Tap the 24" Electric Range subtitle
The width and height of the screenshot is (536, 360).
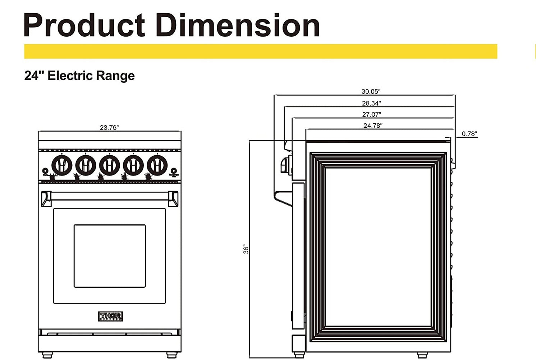click(79, 76)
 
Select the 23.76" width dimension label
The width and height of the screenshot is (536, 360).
click(109, 127)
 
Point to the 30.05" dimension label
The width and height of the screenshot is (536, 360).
click(371, 91)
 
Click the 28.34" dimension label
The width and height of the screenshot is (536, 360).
click(371, 103)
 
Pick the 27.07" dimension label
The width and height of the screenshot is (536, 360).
click(371, 114)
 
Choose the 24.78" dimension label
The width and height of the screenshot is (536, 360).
click(373, 126)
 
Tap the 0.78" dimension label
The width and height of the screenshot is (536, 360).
click(469, 134)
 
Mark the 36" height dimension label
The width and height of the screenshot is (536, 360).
click(246, 249)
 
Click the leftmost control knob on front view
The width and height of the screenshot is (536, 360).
click(62, 165)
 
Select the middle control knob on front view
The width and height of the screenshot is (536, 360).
click(109, 165)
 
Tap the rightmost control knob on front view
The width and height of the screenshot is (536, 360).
click(157, 165)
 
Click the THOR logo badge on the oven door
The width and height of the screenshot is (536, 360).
click(110, 316)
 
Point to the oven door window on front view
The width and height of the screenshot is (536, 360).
click(110, 256)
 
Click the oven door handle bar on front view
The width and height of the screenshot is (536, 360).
click(110, 196)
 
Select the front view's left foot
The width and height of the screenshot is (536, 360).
click(47, 355)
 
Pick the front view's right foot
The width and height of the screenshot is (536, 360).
click(173, 355)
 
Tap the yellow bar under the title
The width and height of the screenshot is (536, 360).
click(260, 51)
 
